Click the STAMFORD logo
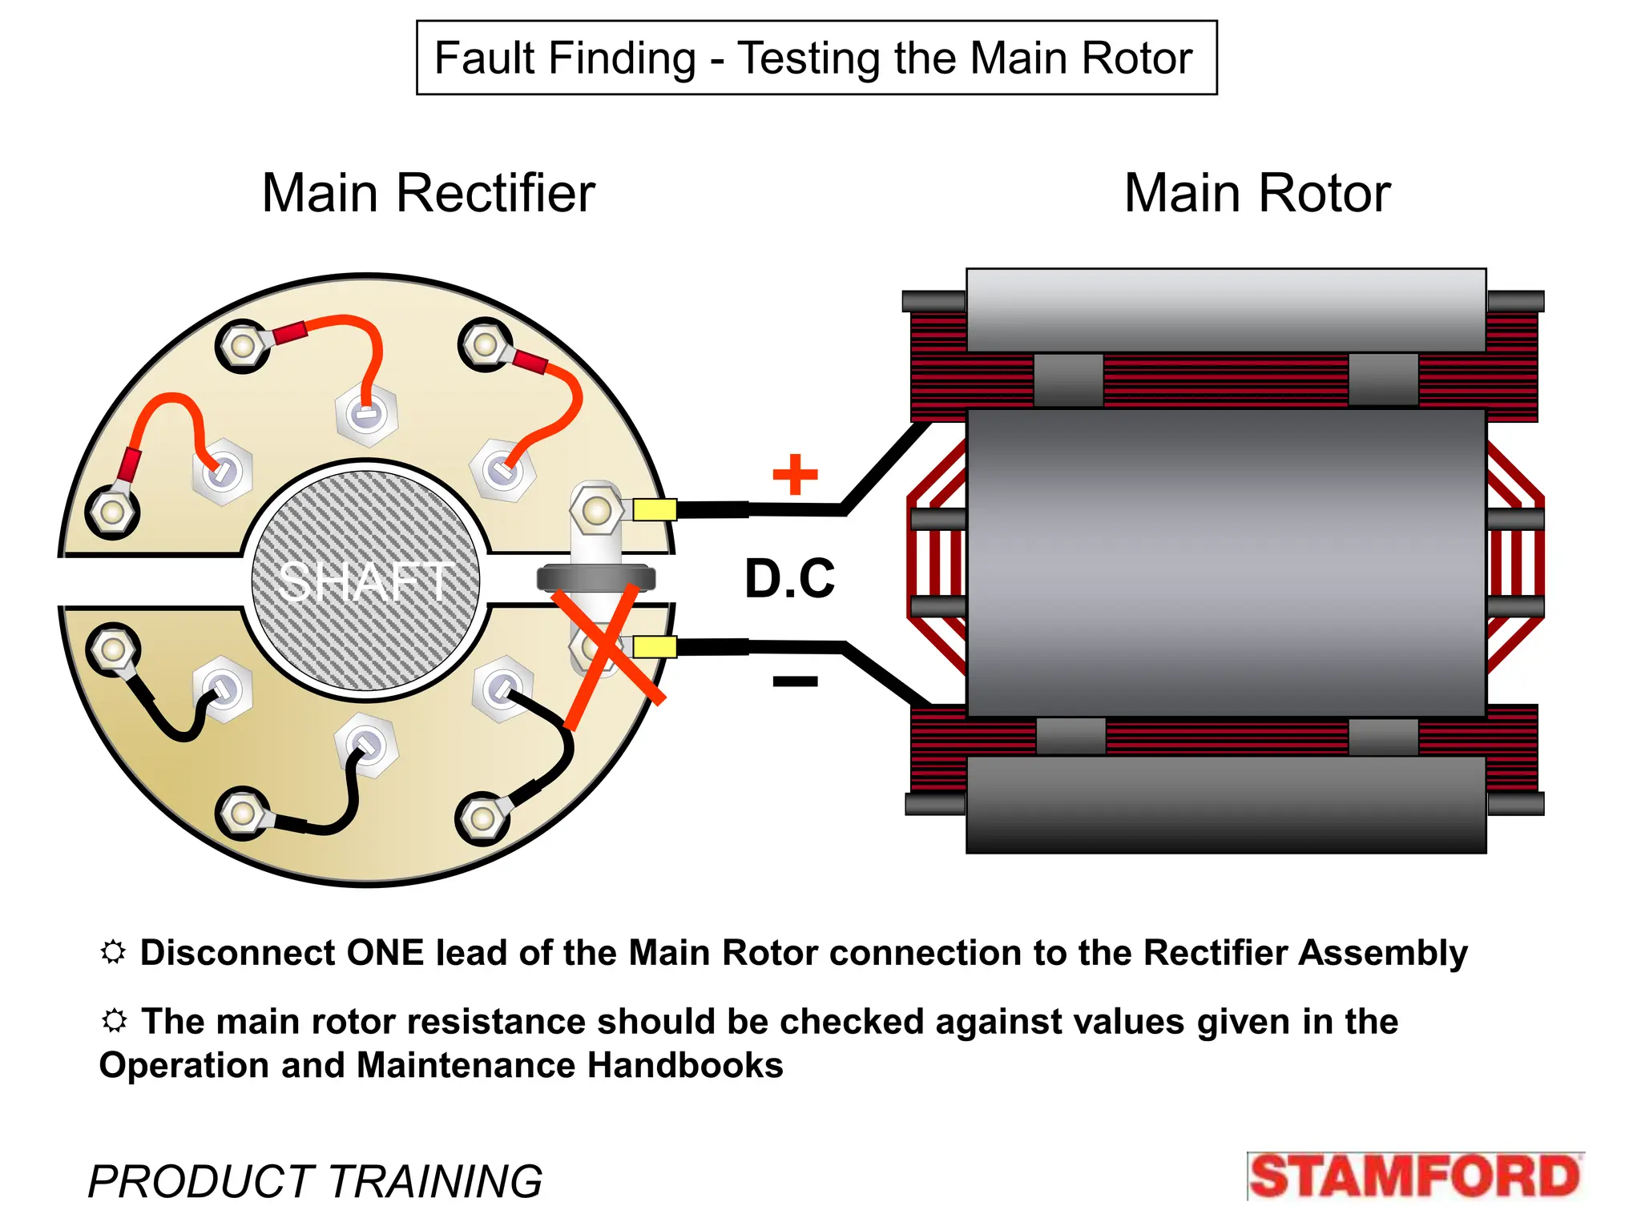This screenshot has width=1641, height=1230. tap(1414, 1176)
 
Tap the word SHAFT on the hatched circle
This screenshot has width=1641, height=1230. tap(365, 582)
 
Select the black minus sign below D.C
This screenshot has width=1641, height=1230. tap(795, 681)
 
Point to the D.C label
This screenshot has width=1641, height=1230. tap(789, 578)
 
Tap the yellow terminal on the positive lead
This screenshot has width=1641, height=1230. tap(655, 509)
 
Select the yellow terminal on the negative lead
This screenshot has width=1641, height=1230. tap(655, 646)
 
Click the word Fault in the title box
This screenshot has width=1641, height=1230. tap(484, 58)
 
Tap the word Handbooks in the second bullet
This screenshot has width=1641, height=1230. tap(685, 1066)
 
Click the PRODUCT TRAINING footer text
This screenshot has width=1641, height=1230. tap(315, 1181)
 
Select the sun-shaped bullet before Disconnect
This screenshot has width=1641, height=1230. tap(113, 952)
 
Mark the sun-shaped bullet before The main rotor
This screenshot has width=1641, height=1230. tap(115, 1021)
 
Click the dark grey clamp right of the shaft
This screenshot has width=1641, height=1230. tap(595, 578)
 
